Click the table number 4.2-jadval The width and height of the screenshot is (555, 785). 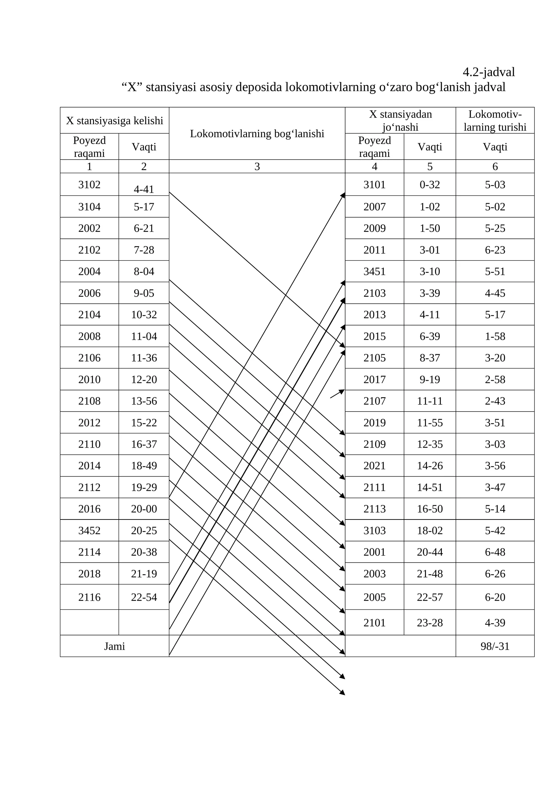click(x=488, y=72)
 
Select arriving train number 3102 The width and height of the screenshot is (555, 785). click(x=89, y=185)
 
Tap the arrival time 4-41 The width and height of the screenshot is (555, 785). click(x=144, y=189)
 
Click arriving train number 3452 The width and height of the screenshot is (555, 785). click(x=89, y=530)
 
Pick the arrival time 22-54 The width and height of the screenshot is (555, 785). click(x=144, y=597)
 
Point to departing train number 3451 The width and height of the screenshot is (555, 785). click(x=374, y=271)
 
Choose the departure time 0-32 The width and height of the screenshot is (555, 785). click(x=429, y=185)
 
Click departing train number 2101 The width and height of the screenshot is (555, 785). click(x=374, y=623)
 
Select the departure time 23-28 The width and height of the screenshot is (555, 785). click(x=429, y=623)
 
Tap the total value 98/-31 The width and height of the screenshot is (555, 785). click(x=495, y=646)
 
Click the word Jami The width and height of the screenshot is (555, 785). click(x=114, y=646)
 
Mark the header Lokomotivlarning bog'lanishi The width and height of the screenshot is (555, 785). click(x=257, y=134)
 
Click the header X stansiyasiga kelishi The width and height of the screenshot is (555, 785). click(x=114, y=121)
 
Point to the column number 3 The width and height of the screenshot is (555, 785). click(x=257, y=167)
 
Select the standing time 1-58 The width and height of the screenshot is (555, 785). click(x=495, y=336)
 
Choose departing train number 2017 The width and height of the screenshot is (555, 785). click(x=374, y=379)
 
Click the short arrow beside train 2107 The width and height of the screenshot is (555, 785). click(x=337, y=394)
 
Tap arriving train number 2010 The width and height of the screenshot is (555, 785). click(x=89, y=379)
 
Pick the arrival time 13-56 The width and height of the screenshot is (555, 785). click(x=144, y=401)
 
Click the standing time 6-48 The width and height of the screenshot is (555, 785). click(x=495, y=552)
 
